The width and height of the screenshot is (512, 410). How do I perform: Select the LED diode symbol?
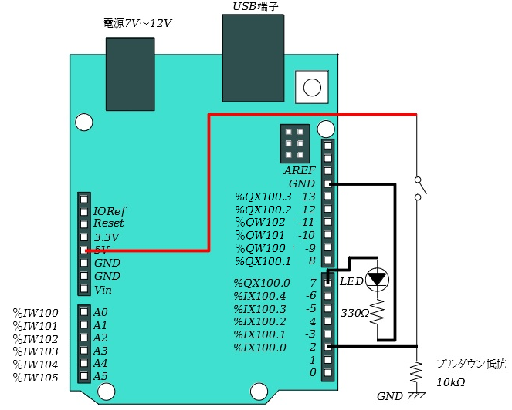377,280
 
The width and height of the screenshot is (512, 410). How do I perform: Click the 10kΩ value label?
450,382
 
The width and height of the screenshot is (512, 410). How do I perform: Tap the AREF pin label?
299,171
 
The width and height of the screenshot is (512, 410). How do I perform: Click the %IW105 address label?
36,377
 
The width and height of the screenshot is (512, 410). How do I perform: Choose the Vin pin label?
103,291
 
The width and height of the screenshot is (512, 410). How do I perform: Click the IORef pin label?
109,211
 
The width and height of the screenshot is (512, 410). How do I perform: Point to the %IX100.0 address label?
262,348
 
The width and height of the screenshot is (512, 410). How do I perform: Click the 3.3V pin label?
106,237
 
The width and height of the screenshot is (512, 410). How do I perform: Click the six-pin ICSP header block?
294,143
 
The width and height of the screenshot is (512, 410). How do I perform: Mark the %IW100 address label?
36,313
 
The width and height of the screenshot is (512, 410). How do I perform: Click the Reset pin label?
108,223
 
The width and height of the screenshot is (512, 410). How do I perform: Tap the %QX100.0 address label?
262,283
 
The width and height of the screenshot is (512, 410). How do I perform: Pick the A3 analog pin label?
100,351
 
